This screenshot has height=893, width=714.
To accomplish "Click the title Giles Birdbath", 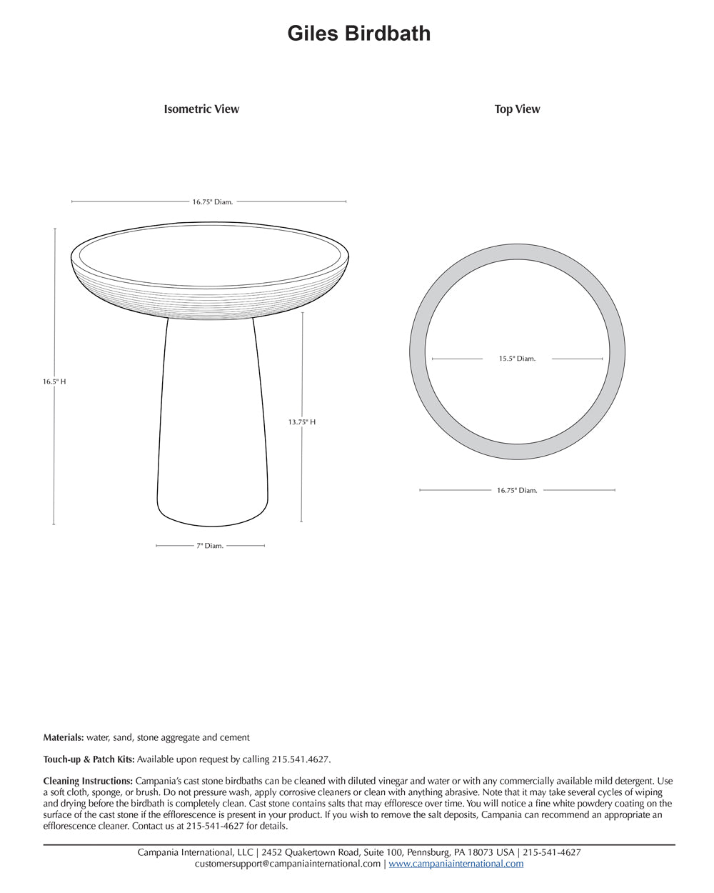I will point(358,34).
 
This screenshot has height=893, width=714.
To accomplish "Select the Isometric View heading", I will point(201,109).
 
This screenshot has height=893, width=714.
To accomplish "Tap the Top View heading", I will point(517,109).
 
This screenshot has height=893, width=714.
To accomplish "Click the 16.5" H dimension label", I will point(54,381).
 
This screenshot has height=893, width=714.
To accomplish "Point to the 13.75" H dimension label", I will point(301,422).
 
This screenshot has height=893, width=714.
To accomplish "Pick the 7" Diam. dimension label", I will point(210,546).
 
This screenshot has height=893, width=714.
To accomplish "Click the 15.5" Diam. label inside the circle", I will point(517,359).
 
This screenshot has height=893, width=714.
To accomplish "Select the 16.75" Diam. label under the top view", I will point(517,490).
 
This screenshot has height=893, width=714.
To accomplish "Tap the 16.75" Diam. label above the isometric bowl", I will point(212,202).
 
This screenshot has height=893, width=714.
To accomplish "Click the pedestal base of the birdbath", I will point(212,429).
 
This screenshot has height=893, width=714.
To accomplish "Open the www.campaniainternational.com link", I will point(456,864).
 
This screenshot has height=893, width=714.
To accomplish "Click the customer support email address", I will point(288,864).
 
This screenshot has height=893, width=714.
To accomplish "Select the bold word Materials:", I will point(64,737).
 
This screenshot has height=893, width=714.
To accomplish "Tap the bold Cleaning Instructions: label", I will point(88,781).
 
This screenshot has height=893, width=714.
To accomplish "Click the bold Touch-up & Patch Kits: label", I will point(89,759).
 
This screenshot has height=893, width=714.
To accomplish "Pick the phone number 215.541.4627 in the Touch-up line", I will point(301,759).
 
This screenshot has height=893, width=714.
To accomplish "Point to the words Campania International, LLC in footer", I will point(196,852).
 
